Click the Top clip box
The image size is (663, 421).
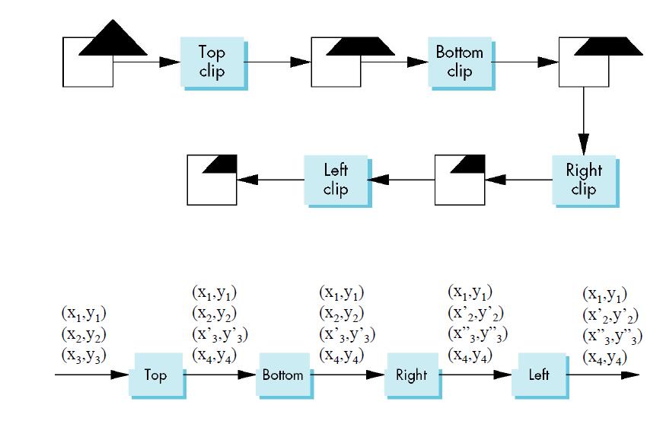[x=212, y=62]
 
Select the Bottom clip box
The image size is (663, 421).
[x=459, y=62]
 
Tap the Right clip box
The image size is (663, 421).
[x=583, y=180]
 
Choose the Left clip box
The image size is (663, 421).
[x=336, y=180]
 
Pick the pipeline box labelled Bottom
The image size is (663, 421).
[x=282, y=375]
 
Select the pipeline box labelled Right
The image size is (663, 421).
[x=411, y=375]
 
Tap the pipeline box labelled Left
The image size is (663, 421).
[x=538, y=375]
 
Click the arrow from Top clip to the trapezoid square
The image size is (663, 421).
[x=278, y=62]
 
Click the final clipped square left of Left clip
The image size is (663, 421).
[x=212, y=180]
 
